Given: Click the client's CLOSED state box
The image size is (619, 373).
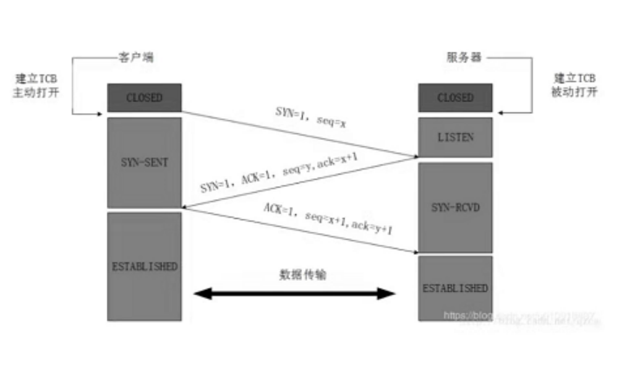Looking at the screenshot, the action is [x=144, y=97].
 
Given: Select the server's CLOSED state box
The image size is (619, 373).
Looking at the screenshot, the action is [x=454, y=97].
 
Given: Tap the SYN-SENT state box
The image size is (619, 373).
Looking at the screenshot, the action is [x=144, y=163].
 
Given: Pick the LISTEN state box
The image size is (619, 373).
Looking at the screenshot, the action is [x=454, y=137].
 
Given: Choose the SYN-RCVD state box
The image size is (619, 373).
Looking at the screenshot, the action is [x=454, y=208].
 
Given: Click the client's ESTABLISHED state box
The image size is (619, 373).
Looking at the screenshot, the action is [x=144, y=264].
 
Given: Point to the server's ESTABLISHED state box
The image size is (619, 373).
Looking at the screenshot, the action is [x=454, y=287].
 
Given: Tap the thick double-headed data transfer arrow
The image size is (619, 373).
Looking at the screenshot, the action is [x=294, y=294].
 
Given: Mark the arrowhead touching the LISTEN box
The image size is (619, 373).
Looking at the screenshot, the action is [x=413, y=157].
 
